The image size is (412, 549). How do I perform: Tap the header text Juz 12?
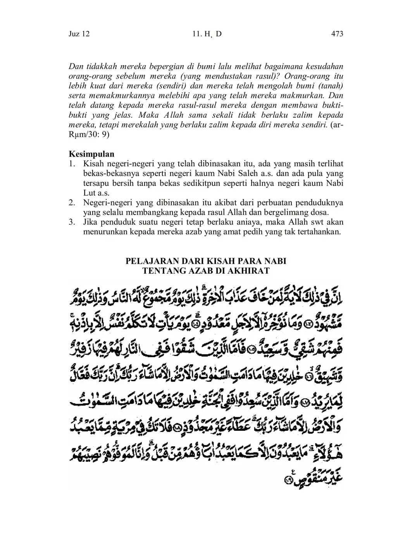point(79,34)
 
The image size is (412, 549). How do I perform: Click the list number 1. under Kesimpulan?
point(72,164)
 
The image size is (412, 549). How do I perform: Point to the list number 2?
point(72,203)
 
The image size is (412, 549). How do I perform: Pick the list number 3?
point(72,222)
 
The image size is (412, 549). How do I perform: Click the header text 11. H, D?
point(207,34)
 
